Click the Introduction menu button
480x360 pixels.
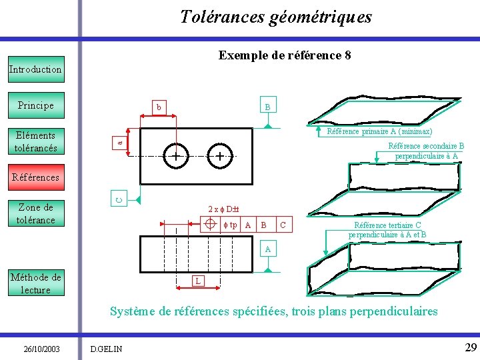(x=36, y=69)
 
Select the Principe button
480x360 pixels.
(x=36, y=105)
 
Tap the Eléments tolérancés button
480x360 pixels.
(x=36, y=141)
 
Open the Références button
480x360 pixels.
(x=36, y=177)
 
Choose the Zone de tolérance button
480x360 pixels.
(x=36, y=213)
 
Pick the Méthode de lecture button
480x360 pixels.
(x=36, y=283)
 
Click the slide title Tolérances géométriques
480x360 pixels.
(x=276, y=17)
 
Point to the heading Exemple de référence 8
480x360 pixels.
(x=285, y=56)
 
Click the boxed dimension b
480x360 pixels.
(x=158, y=107)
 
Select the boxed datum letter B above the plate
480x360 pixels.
(x=267, y=107)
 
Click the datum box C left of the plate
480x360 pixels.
(x=118, y=198)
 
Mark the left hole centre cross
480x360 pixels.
(x=175, y=157)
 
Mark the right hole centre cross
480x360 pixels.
(x=219, y=157)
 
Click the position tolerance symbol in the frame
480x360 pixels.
(x=210, y=225)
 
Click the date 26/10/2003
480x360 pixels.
(x=41, y=348)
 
